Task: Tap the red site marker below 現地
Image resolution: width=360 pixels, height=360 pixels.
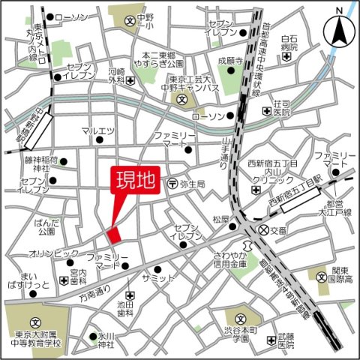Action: [x=113, y=234]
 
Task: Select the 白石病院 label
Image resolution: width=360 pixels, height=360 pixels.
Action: [x=289, y=44]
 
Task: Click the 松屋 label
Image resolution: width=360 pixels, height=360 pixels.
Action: [x=220, y=220]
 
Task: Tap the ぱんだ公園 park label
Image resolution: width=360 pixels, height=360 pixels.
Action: [x=46, y=226]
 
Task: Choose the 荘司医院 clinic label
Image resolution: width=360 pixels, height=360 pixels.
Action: [x=281, y=108]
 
